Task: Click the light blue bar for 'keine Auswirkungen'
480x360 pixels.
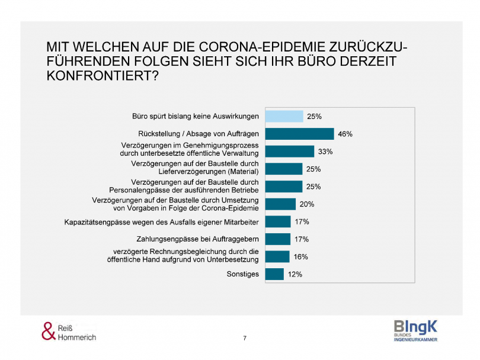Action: (x=284, y=117)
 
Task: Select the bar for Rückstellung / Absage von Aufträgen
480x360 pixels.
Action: (x=299, y=134)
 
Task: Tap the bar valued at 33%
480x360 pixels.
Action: (x=289, y=152)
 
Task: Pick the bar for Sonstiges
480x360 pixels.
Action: (x=274, y=274)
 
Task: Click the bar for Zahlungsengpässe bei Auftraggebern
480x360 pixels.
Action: (x=278, y=239)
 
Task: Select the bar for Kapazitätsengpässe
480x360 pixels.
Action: (x=278, y=221)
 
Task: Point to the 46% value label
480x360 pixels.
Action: (x=345, y=134)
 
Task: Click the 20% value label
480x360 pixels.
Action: (x=307, y=204)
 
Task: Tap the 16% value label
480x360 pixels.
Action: (x=301, y=257)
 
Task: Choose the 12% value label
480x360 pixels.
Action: (x=295, y=274)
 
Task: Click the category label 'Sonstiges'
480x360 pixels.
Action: (x=243, y=274)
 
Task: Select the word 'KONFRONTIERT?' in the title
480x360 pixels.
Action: (x=103, y=76)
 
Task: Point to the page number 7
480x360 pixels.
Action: (x=245, y=338)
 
